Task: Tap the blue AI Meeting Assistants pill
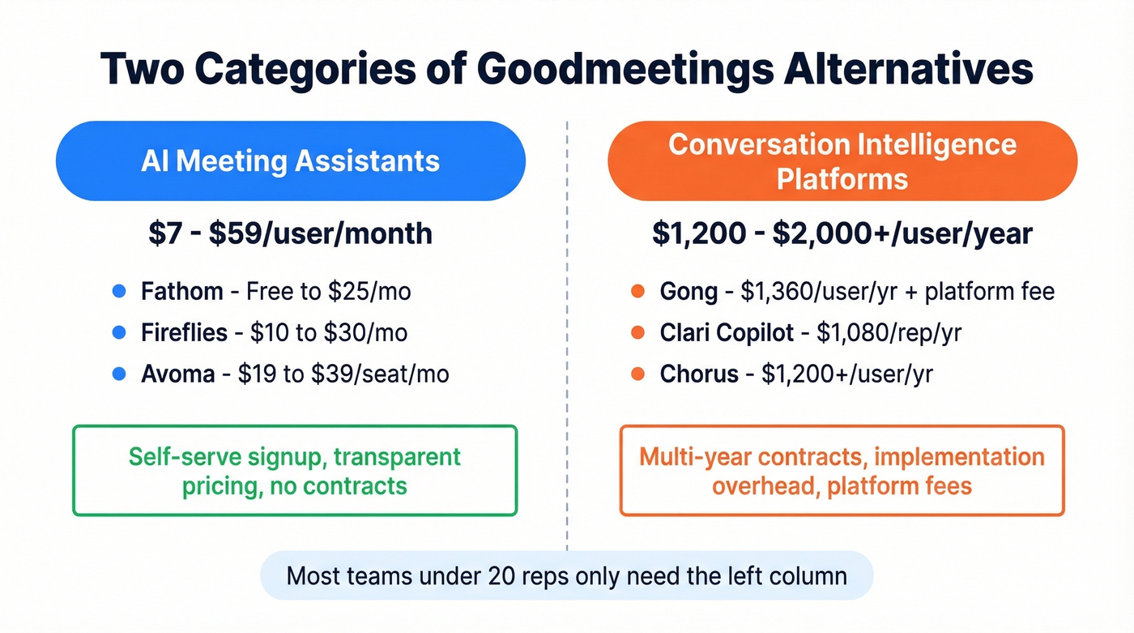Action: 290,160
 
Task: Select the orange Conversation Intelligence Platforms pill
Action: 842,160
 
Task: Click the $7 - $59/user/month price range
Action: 290,233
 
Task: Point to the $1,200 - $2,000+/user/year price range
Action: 842,233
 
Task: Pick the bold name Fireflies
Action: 185,332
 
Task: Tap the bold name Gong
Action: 688,291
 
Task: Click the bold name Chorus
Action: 699,374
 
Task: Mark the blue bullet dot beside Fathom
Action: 118,291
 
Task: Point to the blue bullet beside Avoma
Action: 118,374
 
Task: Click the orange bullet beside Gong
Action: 637,291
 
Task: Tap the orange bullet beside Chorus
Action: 637,374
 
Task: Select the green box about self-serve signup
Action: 295,470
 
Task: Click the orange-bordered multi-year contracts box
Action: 842,470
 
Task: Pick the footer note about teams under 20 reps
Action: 567,576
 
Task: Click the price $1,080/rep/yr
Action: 889,332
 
